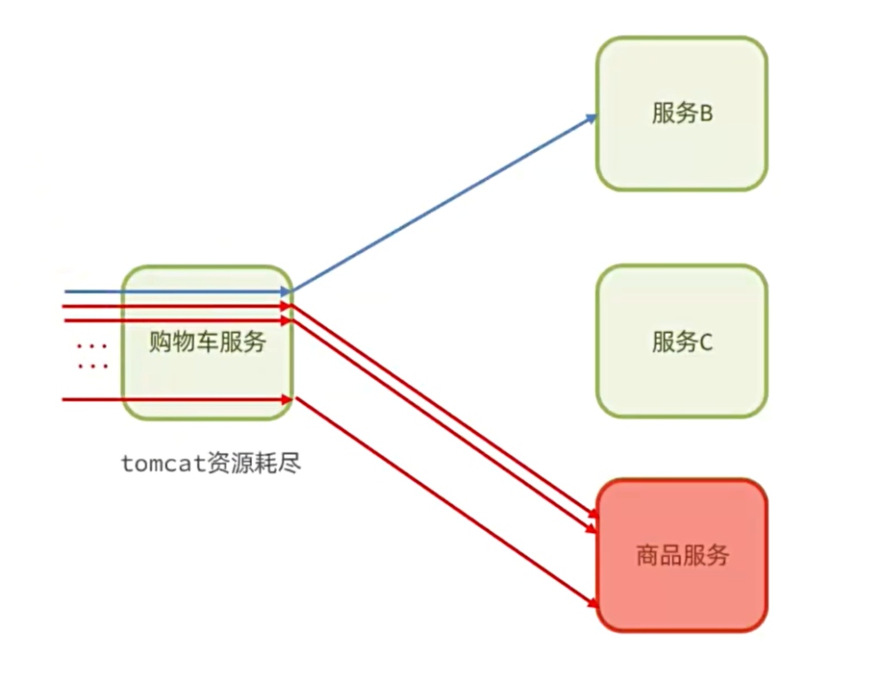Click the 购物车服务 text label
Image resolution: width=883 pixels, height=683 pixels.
(207, 342)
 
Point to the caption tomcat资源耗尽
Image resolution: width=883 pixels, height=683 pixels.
(210, 464)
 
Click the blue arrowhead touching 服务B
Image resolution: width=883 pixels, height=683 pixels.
(592, 116)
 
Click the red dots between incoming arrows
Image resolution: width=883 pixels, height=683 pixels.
(91, 356)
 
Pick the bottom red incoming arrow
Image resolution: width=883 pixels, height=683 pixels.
(172, 399)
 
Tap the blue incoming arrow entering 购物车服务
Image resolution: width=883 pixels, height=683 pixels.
(172, 291)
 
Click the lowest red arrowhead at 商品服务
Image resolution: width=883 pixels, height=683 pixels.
(591, 602)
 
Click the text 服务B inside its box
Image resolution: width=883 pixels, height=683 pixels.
(682, 113)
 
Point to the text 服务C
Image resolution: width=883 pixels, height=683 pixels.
(682, 341)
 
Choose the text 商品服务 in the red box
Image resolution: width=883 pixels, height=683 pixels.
(682, 555)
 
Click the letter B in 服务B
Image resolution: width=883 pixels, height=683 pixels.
(706, 113)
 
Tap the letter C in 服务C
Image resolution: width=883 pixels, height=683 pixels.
(706, 341)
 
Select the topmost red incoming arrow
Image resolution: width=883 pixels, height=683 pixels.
(172, 305)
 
